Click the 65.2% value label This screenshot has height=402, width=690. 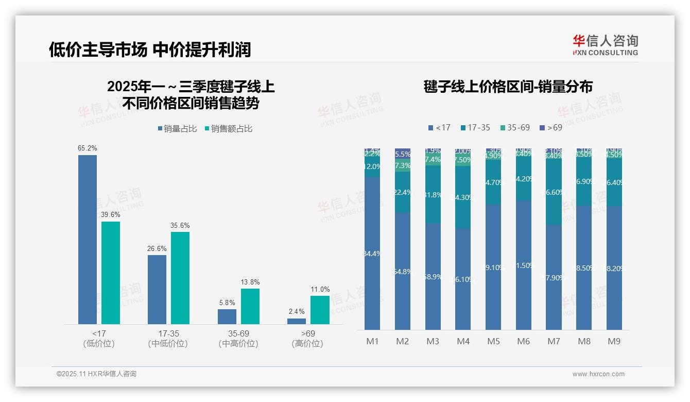[88, 148]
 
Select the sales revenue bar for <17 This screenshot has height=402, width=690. [111, 273]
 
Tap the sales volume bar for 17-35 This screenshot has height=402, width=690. [157, 289]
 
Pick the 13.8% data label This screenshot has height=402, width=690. [250, 282]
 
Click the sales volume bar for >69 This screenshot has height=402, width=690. [297, 321]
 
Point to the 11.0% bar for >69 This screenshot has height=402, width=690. [320, 310]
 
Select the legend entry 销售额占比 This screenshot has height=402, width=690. [229, 129]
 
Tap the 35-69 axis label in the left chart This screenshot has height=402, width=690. [238, 334]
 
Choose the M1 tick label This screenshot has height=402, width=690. [372, 341]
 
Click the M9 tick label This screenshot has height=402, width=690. [614, 341]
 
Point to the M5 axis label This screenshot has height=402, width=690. [493, 341]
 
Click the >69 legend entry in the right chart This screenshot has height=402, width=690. [551, 127]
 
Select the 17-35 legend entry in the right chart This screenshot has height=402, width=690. [475, 127]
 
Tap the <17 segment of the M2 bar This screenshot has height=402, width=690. [403, 271]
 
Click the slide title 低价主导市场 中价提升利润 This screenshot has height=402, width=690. [150, 49]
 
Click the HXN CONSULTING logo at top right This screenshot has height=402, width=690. [605, 45]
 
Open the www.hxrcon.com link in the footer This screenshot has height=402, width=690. [598, 374]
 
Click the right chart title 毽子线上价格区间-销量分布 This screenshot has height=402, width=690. [508, 87]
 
